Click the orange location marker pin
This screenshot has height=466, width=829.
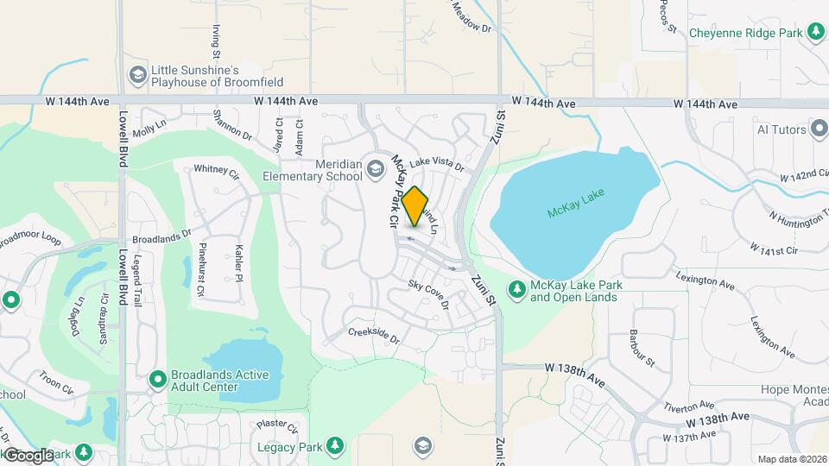pos(415,207)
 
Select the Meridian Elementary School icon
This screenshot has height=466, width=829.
pos(376,167)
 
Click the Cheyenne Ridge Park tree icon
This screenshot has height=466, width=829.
pos(815,32)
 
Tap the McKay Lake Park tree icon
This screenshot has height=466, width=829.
pos(517,290)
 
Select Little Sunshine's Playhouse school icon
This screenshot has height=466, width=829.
pos(136,75)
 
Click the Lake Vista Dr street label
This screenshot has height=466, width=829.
pos(436,163)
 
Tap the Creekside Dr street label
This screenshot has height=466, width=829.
pos(374,336)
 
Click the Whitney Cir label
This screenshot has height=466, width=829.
pos(216,170)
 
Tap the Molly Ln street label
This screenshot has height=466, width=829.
pos(149,129)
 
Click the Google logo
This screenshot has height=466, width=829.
pos(28,455)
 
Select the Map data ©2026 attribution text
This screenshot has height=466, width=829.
pos(791,459)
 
